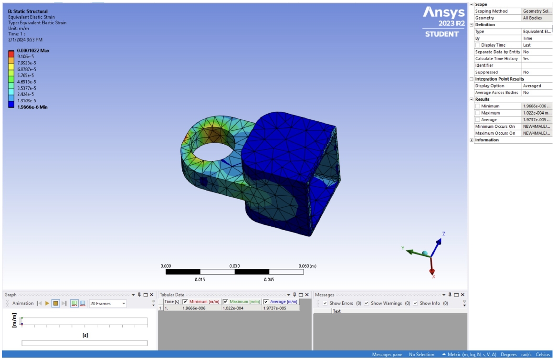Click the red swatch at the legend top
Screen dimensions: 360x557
11,52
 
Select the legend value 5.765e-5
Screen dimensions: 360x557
26,75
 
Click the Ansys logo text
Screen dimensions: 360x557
443,13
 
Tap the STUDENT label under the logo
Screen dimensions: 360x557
442,34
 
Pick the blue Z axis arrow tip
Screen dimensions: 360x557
440,240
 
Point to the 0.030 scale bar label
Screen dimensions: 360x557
234,266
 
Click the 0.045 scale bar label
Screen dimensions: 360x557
269,279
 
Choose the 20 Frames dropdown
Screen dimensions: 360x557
108,304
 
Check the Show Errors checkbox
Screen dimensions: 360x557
325,303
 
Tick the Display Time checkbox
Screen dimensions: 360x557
478,45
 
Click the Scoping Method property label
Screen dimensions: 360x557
491,11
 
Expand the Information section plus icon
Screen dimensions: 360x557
472,140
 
